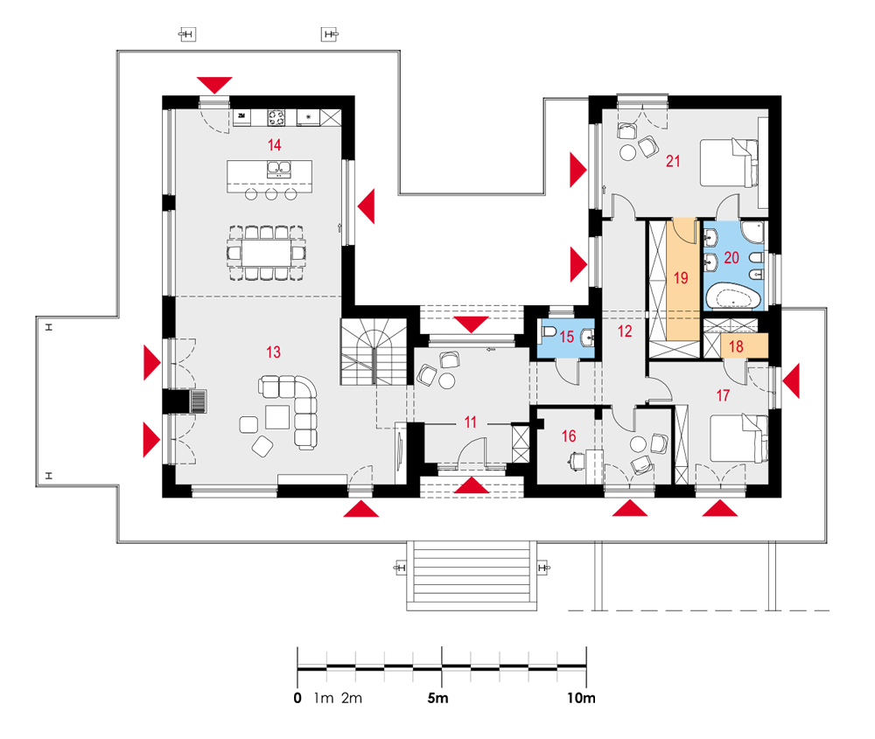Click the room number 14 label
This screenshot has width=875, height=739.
[274, 145]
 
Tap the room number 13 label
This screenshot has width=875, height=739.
[273, 352]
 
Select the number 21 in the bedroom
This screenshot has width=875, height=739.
[673, 161]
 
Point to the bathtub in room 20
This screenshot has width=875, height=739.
[733, 296]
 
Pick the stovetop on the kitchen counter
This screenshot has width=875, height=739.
[276, 118]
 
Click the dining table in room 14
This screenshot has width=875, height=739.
[266, 253]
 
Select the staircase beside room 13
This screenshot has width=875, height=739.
[374, 352]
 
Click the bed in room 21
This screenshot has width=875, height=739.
[729, 163]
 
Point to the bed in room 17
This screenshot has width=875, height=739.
[738, 438]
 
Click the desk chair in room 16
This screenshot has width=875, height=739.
[577, 461]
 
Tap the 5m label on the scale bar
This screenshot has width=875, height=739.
[437, 698]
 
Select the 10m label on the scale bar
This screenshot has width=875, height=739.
[582, 698]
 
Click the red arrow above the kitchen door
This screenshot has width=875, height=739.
[214, 85]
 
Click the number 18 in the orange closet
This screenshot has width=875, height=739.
[736, 346]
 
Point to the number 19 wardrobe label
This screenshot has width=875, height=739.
[681, 278]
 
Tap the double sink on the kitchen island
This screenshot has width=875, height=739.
[278, 169]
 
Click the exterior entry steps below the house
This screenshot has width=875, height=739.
[471, 575]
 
